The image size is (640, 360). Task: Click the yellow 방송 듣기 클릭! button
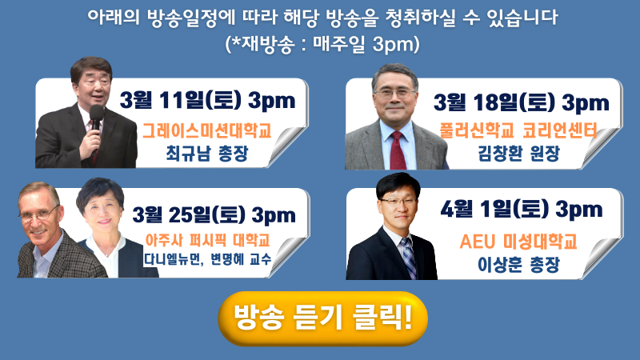tap(323, 318)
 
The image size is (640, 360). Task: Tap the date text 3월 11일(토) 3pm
tap(208, 100)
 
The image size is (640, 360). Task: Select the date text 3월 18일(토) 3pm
tap(522, 102)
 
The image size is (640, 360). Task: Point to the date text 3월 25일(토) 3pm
tap(214, 214)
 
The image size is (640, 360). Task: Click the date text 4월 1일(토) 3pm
tap(522, 210)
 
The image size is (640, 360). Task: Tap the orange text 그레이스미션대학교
tap(207, 130)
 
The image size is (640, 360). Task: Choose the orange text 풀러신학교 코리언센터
tap(518, 130)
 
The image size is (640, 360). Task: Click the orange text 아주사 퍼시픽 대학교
tap(208, 241)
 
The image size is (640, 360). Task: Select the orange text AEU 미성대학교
tap(518, 242)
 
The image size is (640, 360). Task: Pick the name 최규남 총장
tap(207, 154)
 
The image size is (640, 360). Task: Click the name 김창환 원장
tap(518, 154)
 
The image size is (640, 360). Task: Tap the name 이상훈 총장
tap(518, 265)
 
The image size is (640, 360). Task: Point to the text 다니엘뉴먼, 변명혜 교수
tap(207, 258)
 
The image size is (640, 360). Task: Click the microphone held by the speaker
tap(97, 117)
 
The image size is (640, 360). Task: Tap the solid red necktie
tap(398, 150)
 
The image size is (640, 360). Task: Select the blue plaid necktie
tap(408, 257)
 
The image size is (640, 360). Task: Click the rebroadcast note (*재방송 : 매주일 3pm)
tap(322, 44)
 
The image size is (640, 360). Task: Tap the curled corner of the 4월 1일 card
tap(602, 258)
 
